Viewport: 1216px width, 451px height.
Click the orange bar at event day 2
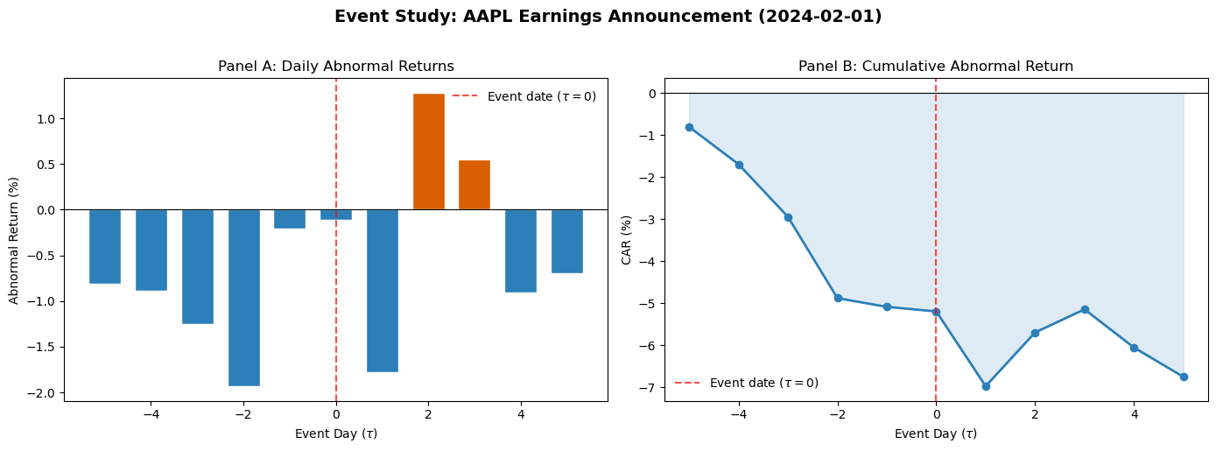[x=428, y=152]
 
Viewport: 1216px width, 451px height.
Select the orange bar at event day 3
[x=474, y=185]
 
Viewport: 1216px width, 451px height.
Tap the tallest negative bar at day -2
[x=243, y=298]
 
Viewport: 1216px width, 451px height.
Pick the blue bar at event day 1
[x=382, y=291]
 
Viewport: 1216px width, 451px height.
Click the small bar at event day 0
[x=336, y=215]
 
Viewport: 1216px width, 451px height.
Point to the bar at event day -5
[x=105, y=246]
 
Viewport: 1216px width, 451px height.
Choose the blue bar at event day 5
[x=567, y=241]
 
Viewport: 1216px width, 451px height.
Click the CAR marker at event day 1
[x=986, y=386]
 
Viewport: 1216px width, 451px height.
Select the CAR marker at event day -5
[x=689, y=127]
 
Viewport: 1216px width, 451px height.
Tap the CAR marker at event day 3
[x=1085, y=309]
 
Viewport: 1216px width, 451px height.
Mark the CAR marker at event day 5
[x=1184, y=377]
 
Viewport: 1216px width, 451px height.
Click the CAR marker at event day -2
[x=838, y=298]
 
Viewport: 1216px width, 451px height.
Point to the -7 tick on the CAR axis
[x=648, y=387]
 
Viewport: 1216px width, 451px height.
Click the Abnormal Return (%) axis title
[x=14, y=239]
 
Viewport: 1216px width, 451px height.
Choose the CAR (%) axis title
[x=627, y=239]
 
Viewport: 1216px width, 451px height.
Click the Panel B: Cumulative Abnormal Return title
[x=935, y=67]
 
